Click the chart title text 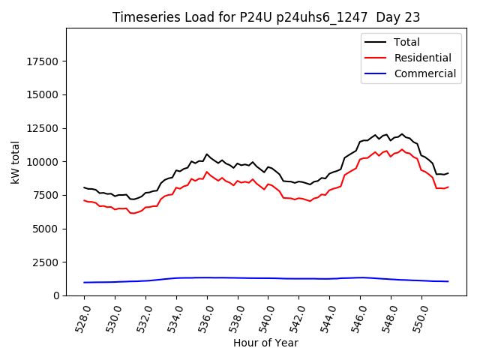[x=266, y=17]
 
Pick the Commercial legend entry [x=424, y=73]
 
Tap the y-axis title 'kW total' [x=15, y=162]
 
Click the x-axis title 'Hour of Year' [x=265, y=343]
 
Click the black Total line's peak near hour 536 [x=207, y=154]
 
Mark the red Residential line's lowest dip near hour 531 [x=133, y=213]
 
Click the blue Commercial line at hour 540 [x=268, y=278]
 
